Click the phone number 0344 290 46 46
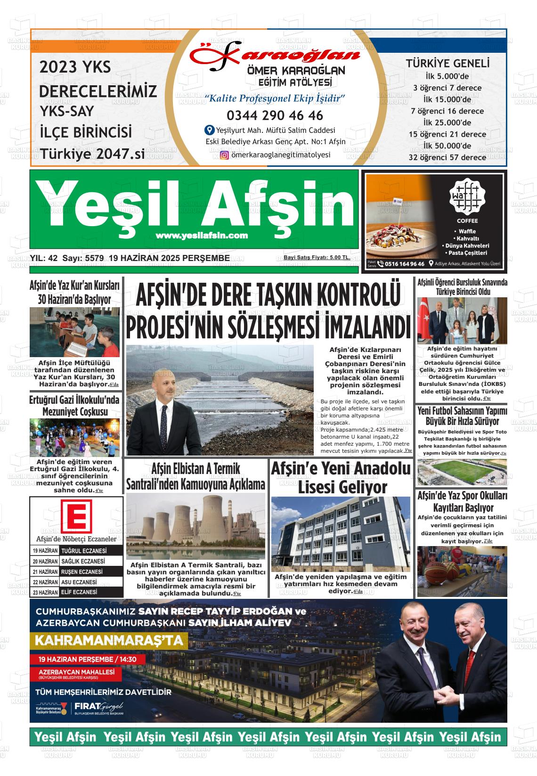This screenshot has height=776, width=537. click(275, 115)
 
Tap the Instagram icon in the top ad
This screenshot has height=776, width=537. click(225, 155)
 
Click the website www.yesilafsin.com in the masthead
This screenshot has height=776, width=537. click(202, 236)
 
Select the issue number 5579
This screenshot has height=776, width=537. click(94, 258)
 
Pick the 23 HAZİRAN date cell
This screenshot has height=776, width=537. click(45, 592)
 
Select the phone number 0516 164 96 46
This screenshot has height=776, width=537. click(404, 264)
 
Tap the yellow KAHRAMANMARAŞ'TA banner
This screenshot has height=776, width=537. click(108, 641)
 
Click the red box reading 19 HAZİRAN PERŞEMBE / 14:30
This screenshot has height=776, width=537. click(82, 659)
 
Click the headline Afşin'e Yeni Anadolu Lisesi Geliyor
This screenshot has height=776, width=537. click(341, 477)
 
